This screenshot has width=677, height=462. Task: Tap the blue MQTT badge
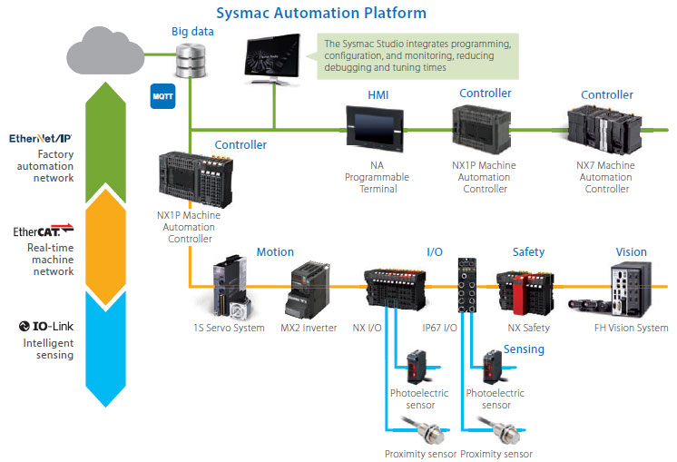coord(162,95)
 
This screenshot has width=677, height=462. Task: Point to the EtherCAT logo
coord(43,232)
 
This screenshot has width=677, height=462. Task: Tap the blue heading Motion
coord(274,252)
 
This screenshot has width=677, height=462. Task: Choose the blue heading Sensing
coord(524,349)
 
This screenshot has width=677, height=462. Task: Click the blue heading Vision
coord(631,252)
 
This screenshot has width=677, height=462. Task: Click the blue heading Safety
coord(528,252)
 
